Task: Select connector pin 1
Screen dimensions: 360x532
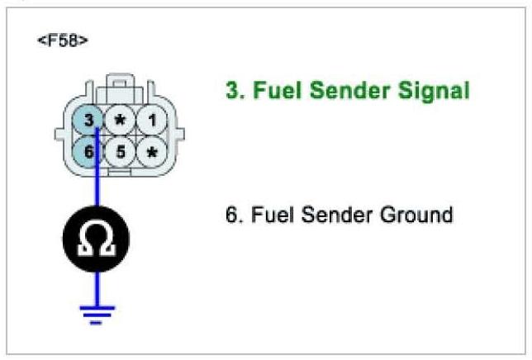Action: tap(150, 121)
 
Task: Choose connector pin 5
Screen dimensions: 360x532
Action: tap(121, 152)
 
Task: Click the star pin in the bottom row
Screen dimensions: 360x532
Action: tap(150, 153)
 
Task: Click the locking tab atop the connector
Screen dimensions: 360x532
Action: tap(121, 85)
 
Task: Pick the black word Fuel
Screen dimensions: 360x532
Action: tap(261, 216)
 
